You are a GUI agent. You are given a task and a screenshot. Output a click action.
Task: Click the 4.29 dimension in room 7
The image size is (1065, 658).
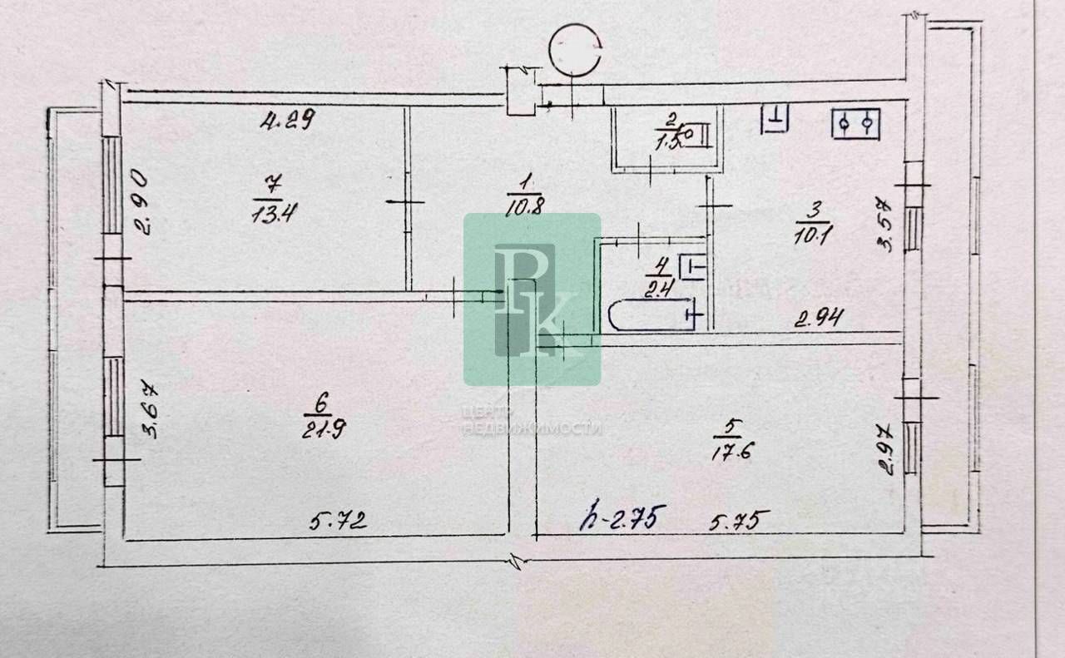287,121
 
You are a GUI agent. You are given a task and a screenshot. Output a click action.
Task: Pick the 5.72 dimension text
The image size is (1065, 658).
339,522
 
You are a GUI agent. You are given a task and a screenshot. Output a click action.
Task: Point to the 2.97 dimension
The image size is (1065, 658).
888,448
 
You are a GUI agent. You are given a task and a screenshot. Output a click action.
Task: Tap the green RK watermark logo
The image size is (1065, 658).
532,299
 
